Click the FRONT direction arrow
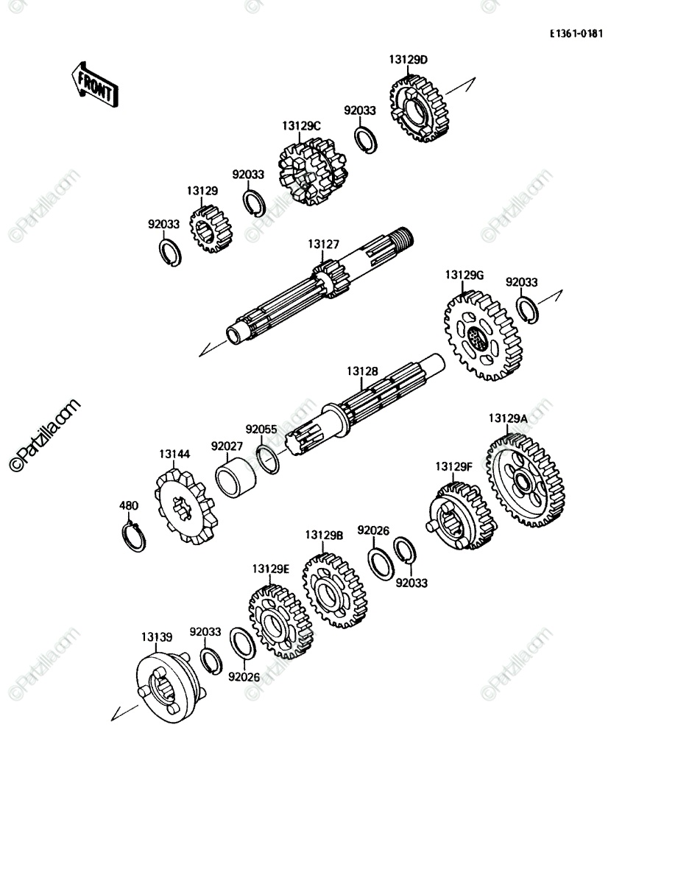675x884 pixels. click(x=95, y=85)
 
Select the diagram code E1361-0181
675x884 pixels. click(x=576, y=33)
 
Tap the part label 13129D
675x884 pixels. click(x=409, y=60)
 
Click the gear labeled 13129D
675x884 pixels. click(x=419, y=109)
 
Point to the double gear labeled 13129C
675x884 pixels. click(x=313, y=172)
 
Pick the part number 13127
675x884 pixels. click(x=323, y=244)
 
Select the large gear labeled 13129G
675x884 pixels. click(x=482, y=336)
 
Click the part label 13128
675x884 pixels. click(x=362, y=371)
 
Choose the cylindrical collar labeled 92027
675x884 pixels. click(x=236, y=477)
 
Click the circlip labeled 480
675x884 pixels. click(x=133, y=536)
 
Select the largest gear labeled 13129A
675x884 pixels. click(x=525, y=481)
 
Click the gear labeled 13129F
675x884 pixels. click(x=461, y=516)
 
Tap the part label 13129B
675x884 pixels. click(x=324, y=536)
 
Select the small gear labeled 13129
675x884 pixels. click(x=211, y=229)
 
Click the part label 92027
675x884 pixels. click(x=227, y=446)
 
